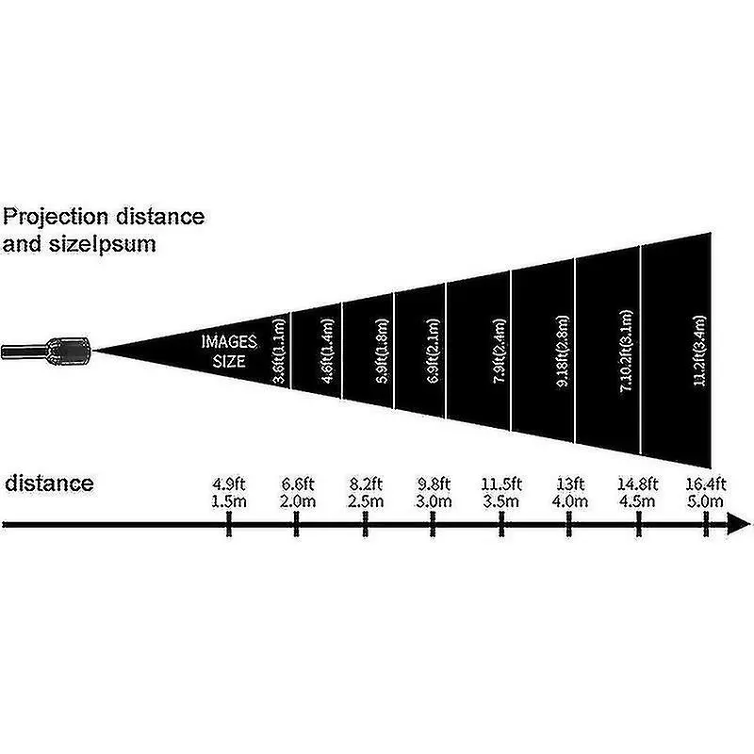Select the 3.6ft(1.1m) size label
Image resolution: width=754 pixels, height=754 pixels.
point(280,351)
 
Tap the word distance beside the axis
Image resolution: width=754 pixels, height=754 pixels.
point(49,484)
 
